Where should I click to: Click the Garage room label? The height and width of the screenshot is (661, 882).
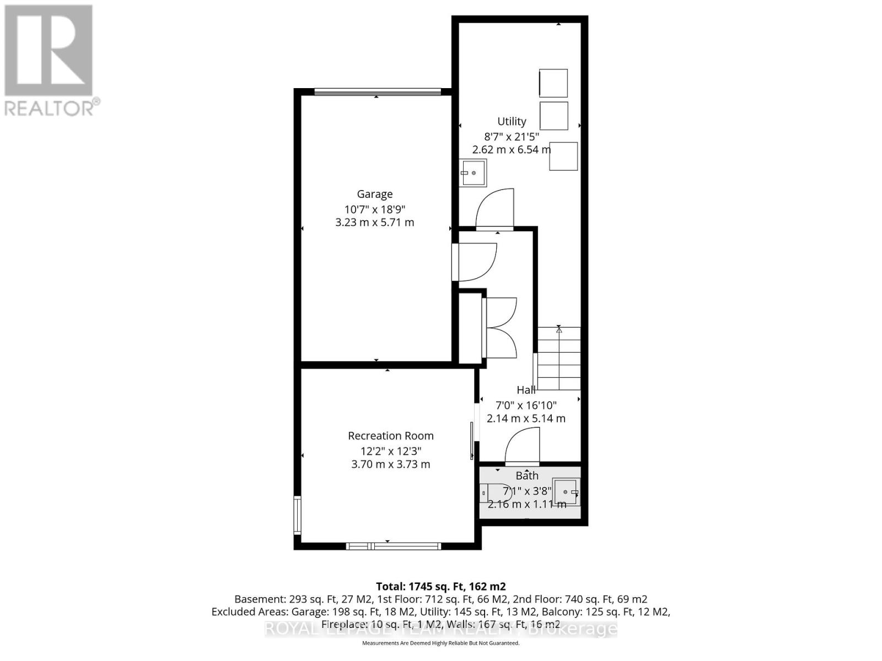click(x=375, y=194)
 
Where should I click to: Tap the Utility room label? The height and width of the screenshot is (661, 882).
click(x=512, y=121)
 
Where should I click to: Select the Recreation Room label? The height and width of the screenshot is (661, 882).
click(x=390, y=436)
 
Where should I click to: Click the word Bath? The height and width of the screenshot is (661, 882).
click(x=527, y=475)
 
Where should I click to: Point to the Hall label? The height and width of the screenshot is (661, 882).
click(x=526, y=390)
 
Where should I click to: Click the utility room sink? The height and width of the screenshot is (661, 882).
click(x=474, y=172)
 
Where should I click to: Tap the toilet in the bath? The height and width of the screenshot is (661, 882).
click(x=495, y=492)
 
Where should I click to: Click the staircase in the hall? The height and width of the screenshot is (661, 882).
click(x=559, y=359)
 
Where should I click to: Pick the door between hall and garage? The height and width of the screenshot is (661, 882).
click(x=474, y=262)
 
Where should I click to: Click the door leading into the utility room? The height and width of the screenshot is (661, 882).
click(x=495, y=209)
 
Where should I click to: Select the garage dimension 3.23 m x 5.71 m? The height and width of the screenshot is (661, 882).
click(x=375, y=223)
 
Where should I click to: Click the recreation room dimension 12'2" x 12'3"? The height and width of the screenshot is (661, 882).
click(x=390, y=450)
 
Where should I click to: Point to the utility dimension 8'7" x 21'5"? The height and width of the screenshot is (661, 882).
click(x=512, y=136)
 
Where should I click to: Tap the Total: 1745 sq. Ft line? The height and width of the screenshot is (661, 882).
click(x=440, y=586)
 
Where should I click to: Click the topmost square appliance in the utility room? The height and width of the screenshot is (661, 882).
click(x=553, y=83)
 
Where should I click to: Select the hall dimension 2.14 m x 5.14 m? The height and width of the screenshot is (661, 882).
click(x=526, y=419)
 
